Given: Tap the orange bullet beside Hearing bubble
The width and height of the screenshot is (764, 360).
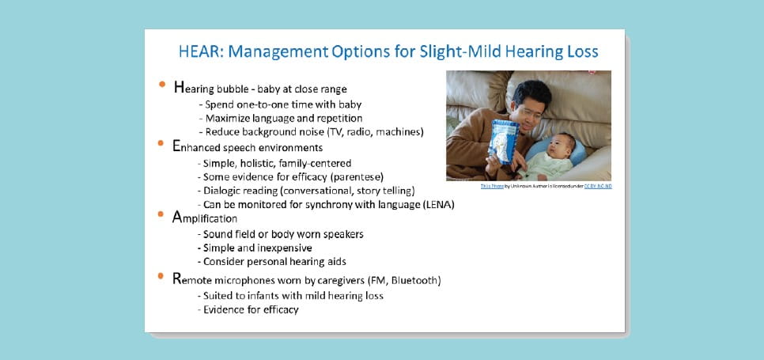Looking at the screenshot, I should [162, 84].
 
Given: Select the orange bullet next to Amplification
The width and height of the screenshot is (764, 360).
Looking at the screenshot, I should [162, 214].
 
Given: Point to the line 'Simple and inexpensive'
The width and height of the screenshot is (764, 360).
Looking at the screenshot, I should [257, 248].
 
